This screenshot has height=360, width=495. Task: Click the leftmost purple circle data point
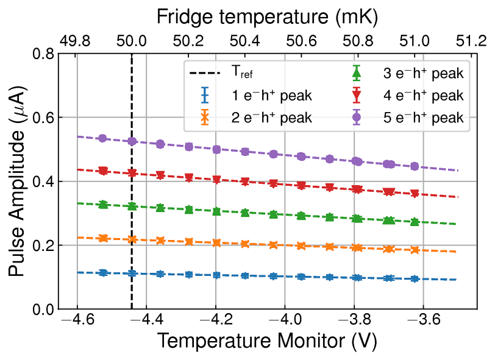point(103,138)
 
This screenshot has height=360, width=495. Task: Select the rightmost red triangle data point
point(415,194)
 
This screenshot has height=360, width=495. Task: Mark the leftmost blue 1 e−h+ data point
point(103,273)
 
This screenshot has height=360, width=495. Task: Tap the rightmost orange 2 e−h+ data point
point(415,250)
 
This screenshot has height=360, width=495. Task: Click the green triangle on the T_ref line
point(132,206)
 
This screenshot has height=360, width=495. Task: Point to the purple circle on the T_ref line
point(132,141)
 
